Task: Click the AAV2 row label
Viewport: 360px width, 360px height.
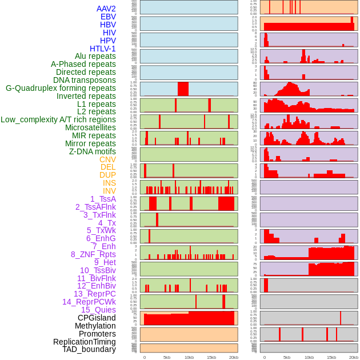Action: (106, 9)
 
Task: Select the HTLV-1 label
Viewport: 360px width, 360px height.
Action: (103, 49)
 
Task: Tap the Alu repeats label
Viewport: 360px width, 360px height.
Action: (95, 57)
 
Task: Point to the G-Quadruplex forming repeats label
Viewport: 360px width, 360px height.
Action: (61, 88)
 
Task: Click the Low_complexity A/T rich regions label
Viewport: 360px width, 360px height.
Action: (58, 119)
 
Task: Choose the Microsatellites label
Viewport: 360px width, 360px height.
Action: (90, 127)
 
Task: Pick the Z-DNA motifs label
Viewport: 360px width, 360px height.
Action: (93, 151)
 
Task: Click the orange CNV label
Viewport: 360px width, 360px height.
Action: (107, 159)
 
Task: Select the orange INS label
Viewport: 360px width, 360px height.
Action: (109, 183)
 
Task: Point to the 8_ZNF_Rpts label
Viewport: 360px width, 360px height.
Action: (93, 254)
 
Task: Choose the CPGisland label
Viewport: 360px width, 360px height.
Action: (97, 318)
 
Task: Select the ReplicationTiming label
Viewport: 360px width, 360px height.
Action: (85, 342)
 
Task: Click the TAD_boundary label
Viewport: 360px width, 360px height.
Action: (89, 349)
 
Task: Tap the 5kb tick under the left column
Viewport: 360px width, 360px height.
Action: (167, 357)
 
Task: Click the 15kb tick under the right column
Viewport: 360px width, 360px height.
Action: (331, 357)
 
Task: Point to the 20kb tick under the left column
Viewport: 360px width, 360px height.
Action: (234, 357)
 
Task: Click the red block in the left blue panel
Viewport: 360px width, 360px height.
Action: (183, 89)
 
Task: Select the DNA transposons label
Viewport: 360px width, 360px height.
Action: (85, 80)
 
